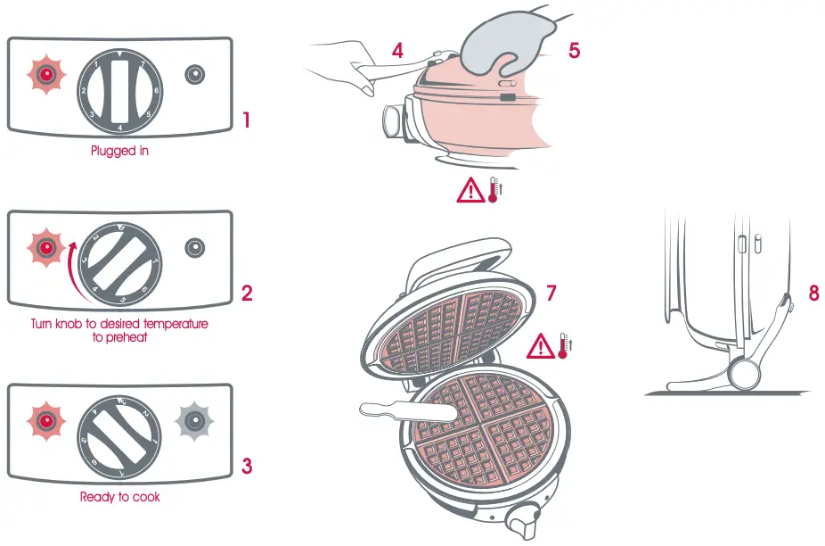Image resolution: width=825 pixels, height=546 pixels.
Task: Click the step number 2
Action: click(x=247, y=293)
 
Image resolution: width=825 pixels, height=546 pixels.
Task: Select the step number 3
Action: click(x=247, y=465)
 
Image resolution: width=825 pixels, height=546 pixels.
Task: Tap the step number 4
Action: click(x=397, y=51)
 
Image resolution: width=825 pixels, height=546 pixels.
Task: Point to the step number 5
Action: click(x=574, y=50)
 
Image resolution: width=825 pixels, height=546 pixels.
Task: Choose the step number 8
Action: click(x=813, y=293)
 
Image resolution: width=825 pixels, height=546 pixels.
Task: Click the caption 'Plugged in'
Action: click(x=119, y=151)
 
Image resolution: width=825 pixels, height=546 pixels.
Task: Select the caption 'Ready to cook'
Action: click(x=119, y=497)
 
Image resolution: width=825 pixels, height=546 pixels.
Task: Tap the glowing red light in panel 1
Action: click(x=45, y=75)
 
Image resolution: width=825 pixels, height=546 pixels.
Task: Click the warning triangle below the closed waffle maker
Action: click(x=470, y=190)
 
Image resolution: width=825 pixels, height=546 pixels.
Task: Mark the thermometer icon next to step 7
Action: click(x=563, y=345)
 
